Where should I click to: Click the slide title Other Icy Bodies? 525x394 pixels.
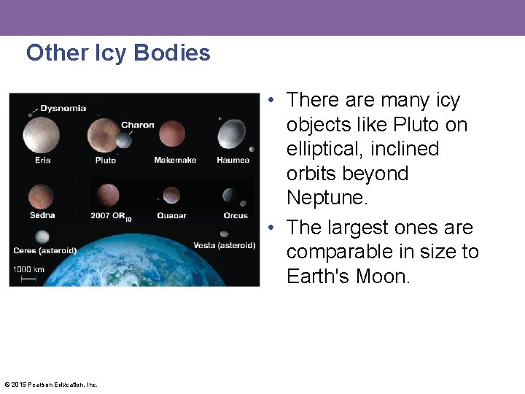click(118, 53)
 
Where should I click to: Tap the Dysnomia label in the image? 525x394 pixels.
click(63, 109)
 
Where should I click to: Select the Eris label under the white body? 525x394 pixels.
click(42, 160)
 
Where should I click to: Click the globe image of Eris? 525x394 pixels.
click(41, 135)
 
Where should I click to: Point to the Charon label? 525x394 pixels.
click(137, 125)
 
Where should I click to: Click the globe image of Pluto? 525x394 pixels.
click(104, 136)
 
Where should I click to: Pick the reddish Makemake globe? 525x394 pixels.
click(172, 134)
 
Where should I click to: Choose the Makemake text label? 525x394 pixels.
click(175, 160)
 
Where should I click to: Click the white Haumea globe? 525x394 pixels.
click(232, 135)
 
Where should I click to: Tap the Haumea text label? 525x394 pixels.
click(233, 160)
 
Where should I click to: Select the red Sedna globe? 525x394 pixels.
click(41, 196)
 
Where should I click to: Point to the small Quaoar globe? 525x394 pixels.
click(171, 196)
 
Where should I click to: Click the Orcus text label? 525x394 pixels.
click(236, 215)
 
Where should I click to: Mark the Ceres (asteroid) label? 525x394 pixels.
click(44, 251)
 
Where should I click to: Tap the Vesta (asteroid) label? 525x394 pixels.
click(224, 245)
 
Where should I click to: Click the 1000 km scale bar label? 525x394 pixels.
click(28, 269)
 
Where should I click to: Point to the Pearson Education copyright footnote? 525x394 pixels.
click(51, 385)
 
